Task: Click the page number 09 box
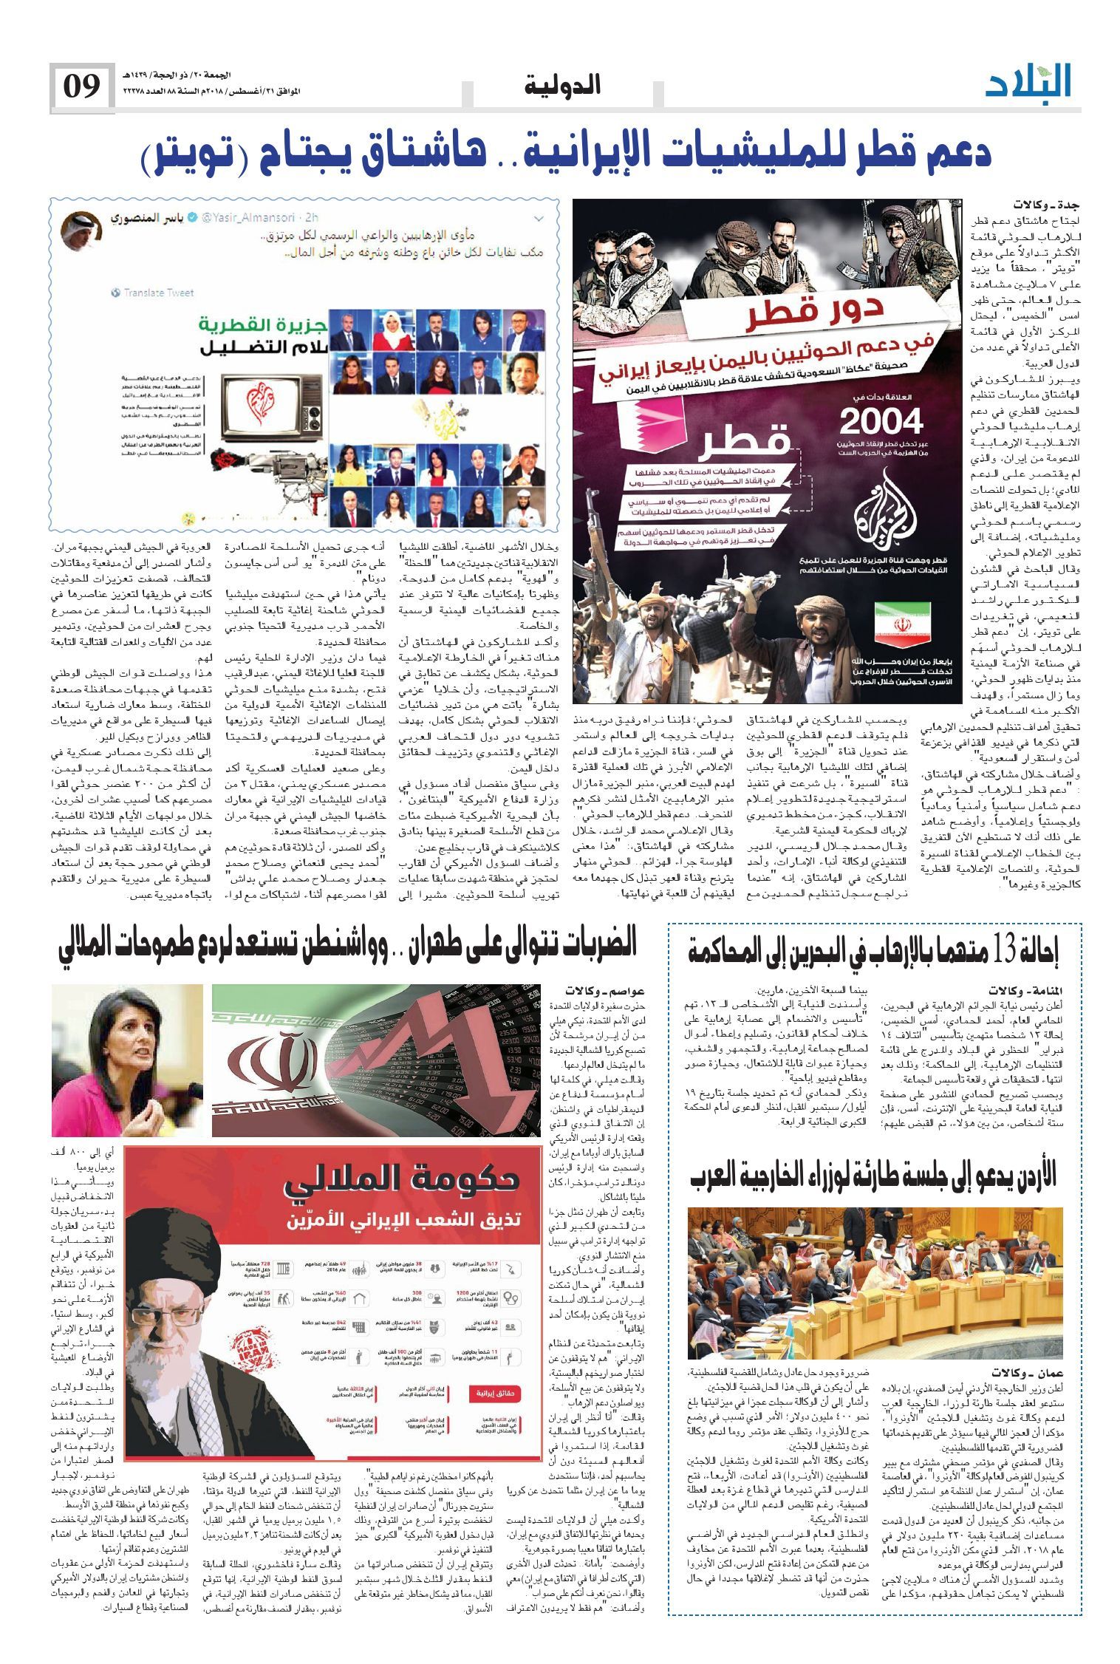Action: pos(81,87)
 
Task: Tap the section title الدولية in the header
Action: pos(562,86)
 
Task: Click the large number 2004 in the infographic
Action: pos(881,422)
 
